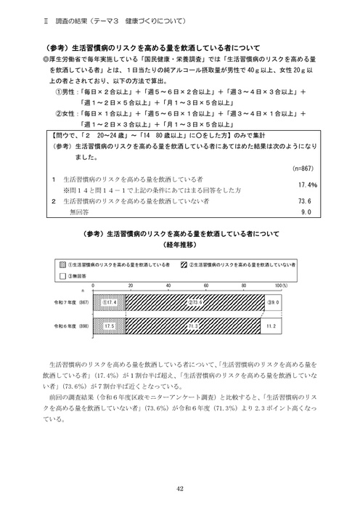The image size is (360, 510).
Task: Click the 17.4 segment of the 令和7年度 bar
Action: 110,301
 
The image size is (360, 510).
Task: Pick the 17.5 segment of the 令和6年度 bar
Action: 110,327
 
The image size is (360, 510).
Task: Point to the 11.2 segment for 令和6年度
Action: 271,327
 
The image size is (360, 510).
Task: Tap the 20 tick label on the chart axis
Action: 131,286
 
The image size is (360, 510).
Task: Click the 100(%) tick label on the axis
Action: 282,286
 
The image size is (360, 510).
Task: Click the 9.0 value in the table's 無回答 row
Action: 305,212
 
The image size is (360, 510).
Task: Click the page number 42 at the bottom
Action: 179,488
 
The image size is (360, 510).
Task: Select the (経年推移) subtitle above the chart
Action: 179,245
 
